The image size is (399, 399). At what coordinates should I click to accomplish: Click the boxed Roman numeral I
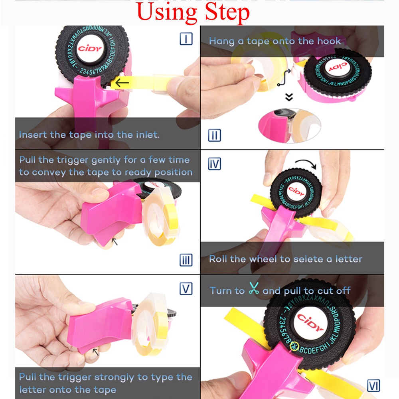[x=186, y=39]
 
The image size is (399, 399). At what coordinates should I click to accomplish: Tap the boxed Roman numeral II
[x=215, y=135]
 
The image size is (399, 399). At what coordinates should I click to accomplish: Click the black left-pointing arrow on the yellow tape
[x=122, y=83]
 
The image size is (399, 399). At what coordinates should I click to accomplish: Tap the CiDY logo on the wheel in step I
[x=89, y=48]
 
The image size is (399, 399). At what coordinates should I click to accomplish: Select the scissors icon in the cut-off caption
[x=254, y=288]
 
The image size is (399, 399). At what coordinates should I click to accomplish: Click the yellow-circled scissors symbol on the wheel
[x=294, y=346]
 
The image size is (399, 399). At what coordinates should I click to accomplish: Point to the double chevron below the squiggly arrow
[x=289, y=97]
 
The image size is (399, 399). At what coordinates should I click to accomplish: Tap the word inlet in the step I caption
[x=148, y=134]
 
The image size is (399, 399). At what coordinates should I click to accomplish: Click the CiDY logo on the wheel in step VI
[x=310, y=322]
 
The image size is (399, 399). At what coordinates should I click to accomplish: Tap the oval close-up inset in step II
[x=290, y=125]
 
